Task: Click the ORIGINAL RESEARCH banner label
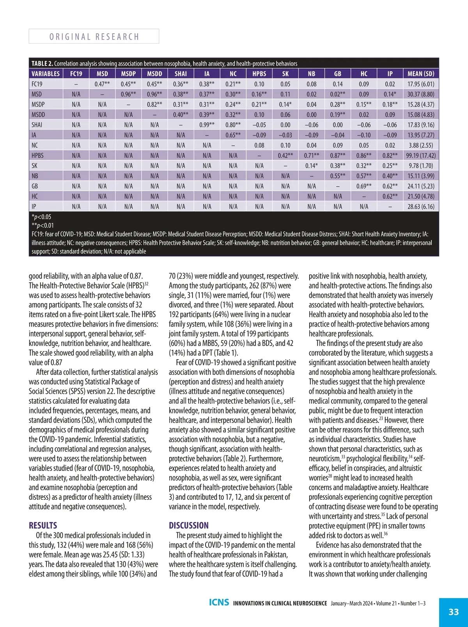coord(94,37)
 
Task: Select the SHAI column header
coord(181,73)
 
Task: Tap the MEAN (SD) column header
coord(421,73)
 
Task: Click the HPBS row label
coord(37,155)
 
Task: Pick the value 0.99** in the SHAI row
coord(207,125)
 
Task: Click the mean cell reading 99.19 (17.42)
coord(421,155)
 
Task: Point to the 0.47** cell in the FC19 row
coord(102,84)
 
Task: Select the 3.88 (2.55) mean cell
coord(421,145)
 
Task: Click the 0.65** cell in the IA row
coord(233,135)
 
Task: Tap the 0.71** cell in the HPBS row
coord(311,155)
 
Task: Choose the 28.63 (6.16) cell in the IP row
coord(421,207)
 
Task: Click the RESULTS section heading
coord(43,525)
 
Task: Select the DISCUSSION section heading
coord(189,525)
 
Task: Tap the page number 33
coord(454,612)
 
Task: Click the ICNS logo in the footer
coord(219,602)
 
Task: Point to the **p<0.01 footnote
coord(43,225)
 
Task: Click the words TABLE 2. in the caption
coord(42,63)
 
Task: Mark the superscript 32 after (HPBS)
coord(146,284)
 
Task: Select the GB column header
coord(337,73)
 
